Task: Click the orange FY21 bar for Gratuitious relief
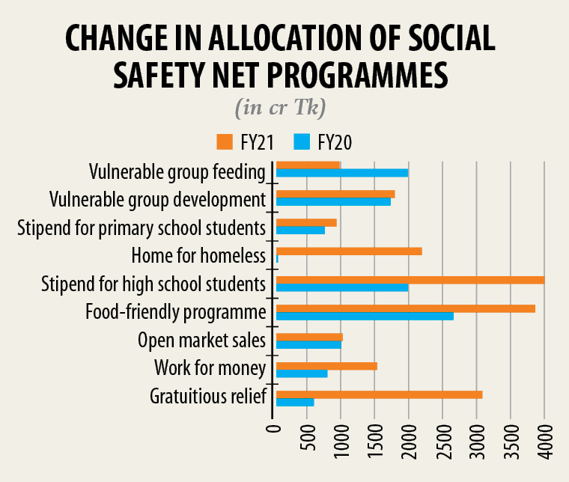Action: [379, 394]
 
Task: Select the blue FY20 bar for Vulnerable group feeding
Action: [342, 173]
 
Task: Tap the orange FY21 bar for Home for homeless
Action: [349, 251]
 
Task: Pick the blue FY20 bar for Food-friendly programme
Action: [365, 316]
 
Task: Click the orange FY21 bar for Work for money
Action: [326, 365]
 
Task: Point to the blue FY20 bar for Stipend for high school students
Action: [342, 287]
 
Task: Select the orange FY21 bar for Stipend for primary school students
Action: [306, 222]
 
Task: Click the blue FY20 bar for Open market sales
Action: [308, 344]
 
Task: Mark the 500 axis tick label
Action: [308, 441]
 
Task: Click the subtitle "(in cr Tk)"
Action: [280, 108]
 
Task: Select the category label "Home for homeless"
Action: [198, 256]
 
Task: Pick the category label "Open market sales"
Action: [202, 341]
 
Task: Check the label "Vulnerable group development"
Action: [157, 200]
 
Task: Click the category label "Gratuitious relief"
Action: [208, 396]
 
